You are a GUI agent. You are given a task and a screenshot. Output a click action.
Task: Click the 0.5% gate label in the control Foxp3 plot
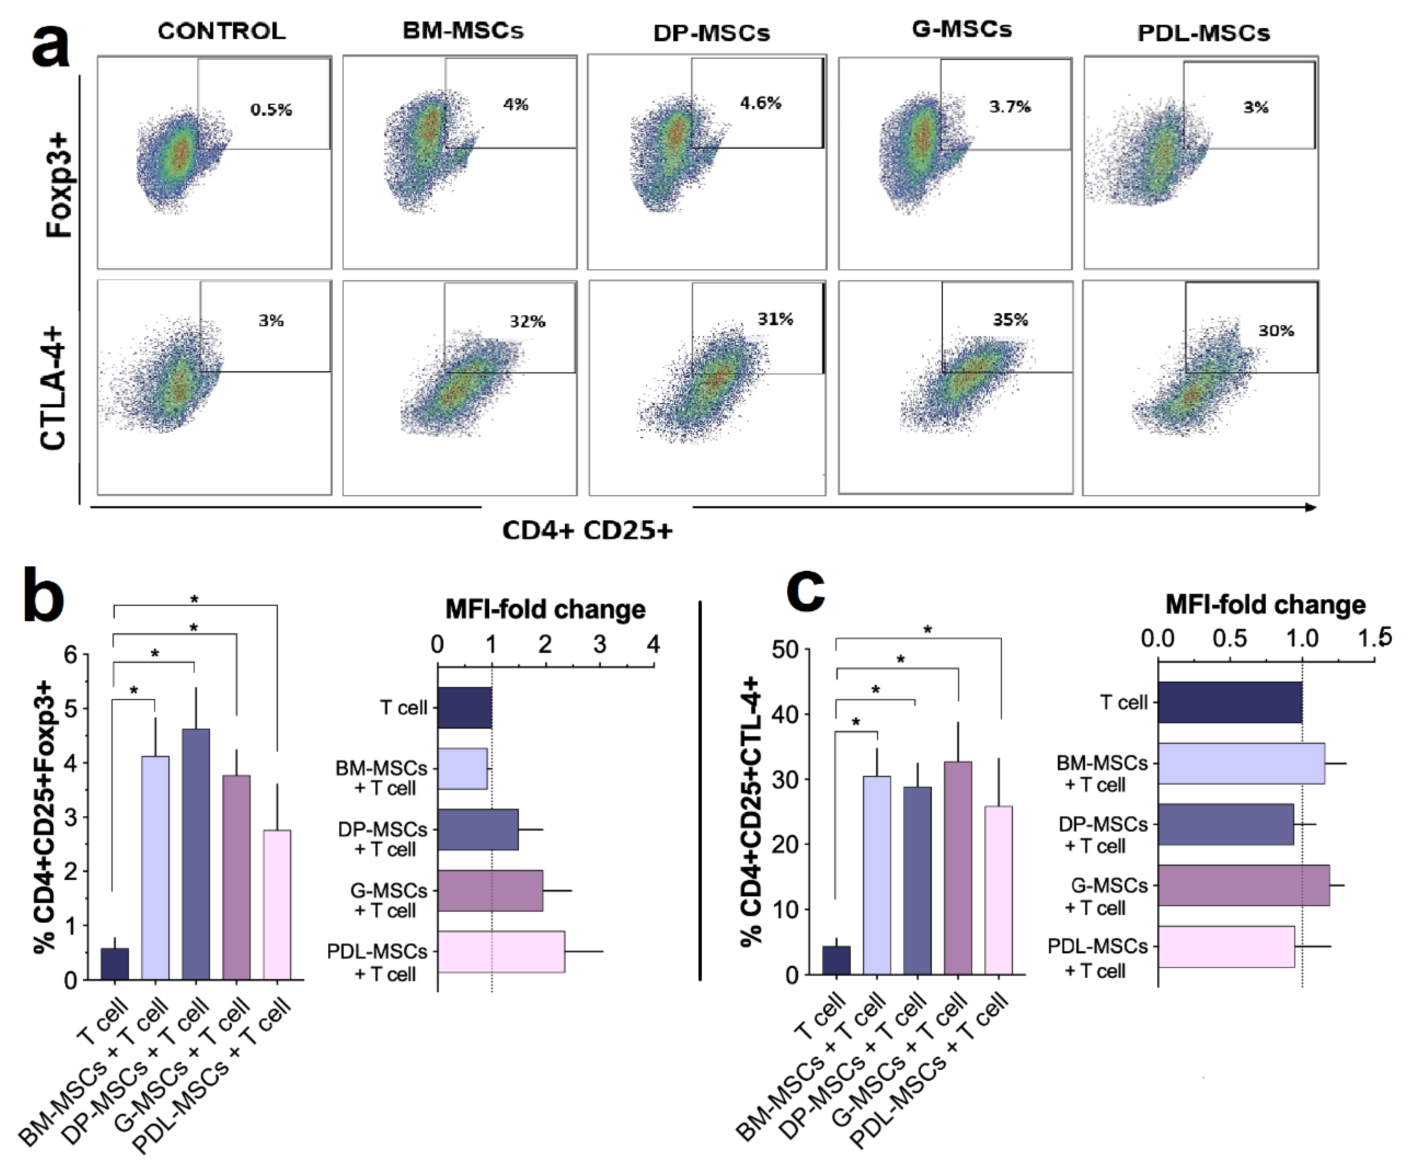[x=271, y=109]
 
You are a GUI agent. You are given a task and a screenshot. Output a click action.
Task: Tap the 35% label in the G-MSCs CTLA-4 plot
[x=1010, y=319]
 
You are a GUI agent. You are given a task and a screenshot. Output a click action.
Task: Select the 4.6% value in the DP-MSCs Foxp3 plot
[x=760, y=103]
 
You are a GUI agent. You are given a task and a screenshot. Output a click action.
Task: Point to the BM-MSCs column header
[x=463, y=30]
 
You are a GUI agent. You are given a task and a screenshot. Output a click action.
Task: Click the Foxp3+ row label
[x=59, y=185]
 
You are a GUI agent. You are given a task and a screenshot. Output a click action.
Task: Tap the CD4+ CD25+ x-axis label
[x=587, y=530]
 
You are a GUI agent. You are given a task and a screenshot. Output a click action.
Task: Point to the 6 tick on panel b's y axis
[x=71, y=655]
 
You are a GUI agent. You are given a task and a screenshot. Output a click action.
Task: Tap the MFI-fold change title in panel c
[x=1265, y=604]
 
